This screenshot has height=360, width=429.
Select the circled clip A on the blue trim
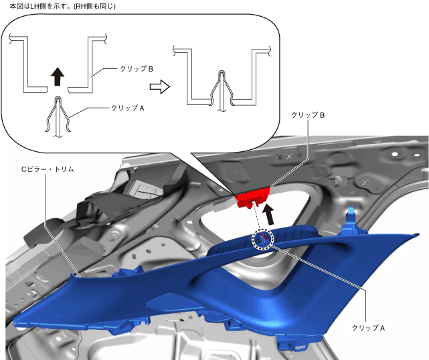(x=262, y=238)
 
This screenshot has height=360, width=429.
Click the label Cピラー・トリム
(x=48, y=170)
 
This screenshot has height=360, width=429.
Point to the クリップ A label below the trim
(x=369, y=329)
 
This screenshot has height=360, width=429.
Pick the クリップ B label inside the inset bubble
(x=137, y=70)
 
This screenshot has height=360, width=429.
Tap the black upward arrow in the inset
(x=58, y=77)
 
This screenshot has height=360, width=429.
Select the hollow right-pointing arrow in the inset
(x=159, y=86)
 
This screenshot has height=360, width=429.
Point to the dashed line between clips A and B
(x=257, y=218)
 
